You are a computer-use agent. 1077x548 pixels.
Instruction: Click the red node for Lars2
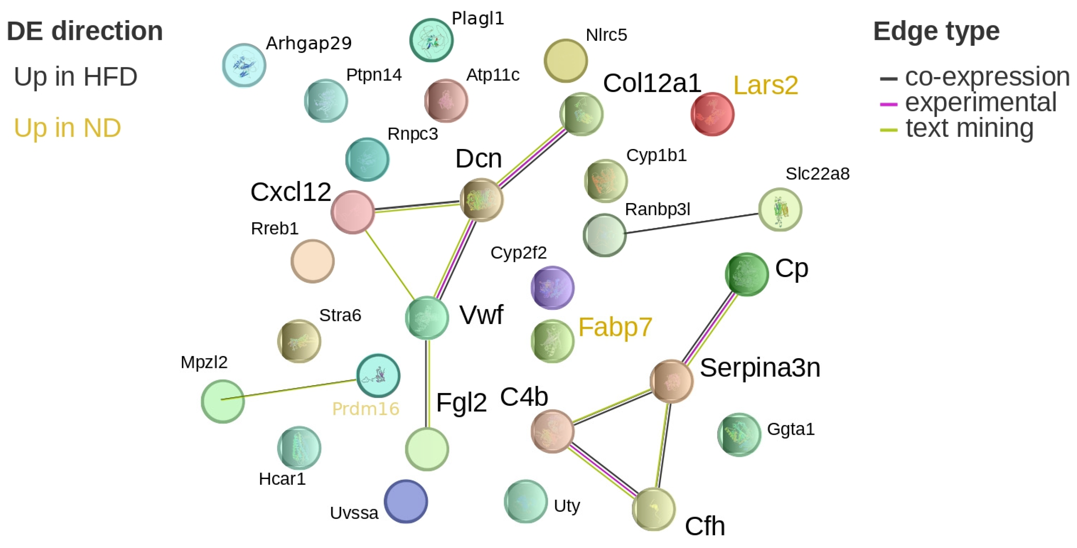tap(712, 114)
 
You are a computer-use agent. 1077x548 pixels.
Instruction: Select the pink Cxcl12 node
tap(352, 212)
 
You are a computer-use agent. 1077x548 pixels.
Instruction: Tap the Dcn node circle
tap(481, 200)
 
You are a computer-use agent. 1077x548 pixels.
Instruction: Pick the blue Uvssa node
tap(405, 501)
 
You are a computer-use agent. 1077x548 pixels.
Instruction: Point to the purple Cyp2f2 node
tap(552, 288)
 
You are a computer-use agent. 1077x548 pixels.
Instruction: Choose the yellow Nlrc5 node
tap(566, 61)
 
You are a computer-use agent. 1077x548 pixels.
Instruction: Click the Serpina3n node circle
tap(672, 381)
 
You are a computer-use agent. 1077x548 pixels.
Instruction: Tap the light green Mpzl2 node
tap(222, 401)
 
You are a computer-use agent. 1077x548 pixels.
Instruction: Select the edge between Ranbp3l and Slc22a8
tap(692, 223)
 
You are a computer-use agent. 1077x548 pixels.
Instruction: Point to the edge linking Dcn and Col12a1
tap(532, 157)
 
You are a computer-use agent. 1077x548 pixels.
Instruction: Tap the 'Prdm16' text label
tap(365, 409)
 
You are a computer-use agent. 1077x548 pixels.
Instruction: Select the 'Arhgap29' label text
tap(309, 43)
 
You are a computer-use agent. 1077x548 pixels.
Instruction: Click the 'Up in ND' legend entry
tap(67, 128)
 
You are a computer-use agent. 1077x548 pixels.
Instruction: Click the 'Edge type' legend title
tap(936, 31)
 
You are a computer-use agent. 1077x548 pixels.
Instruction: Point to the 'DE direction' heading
tap(85, 31)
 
